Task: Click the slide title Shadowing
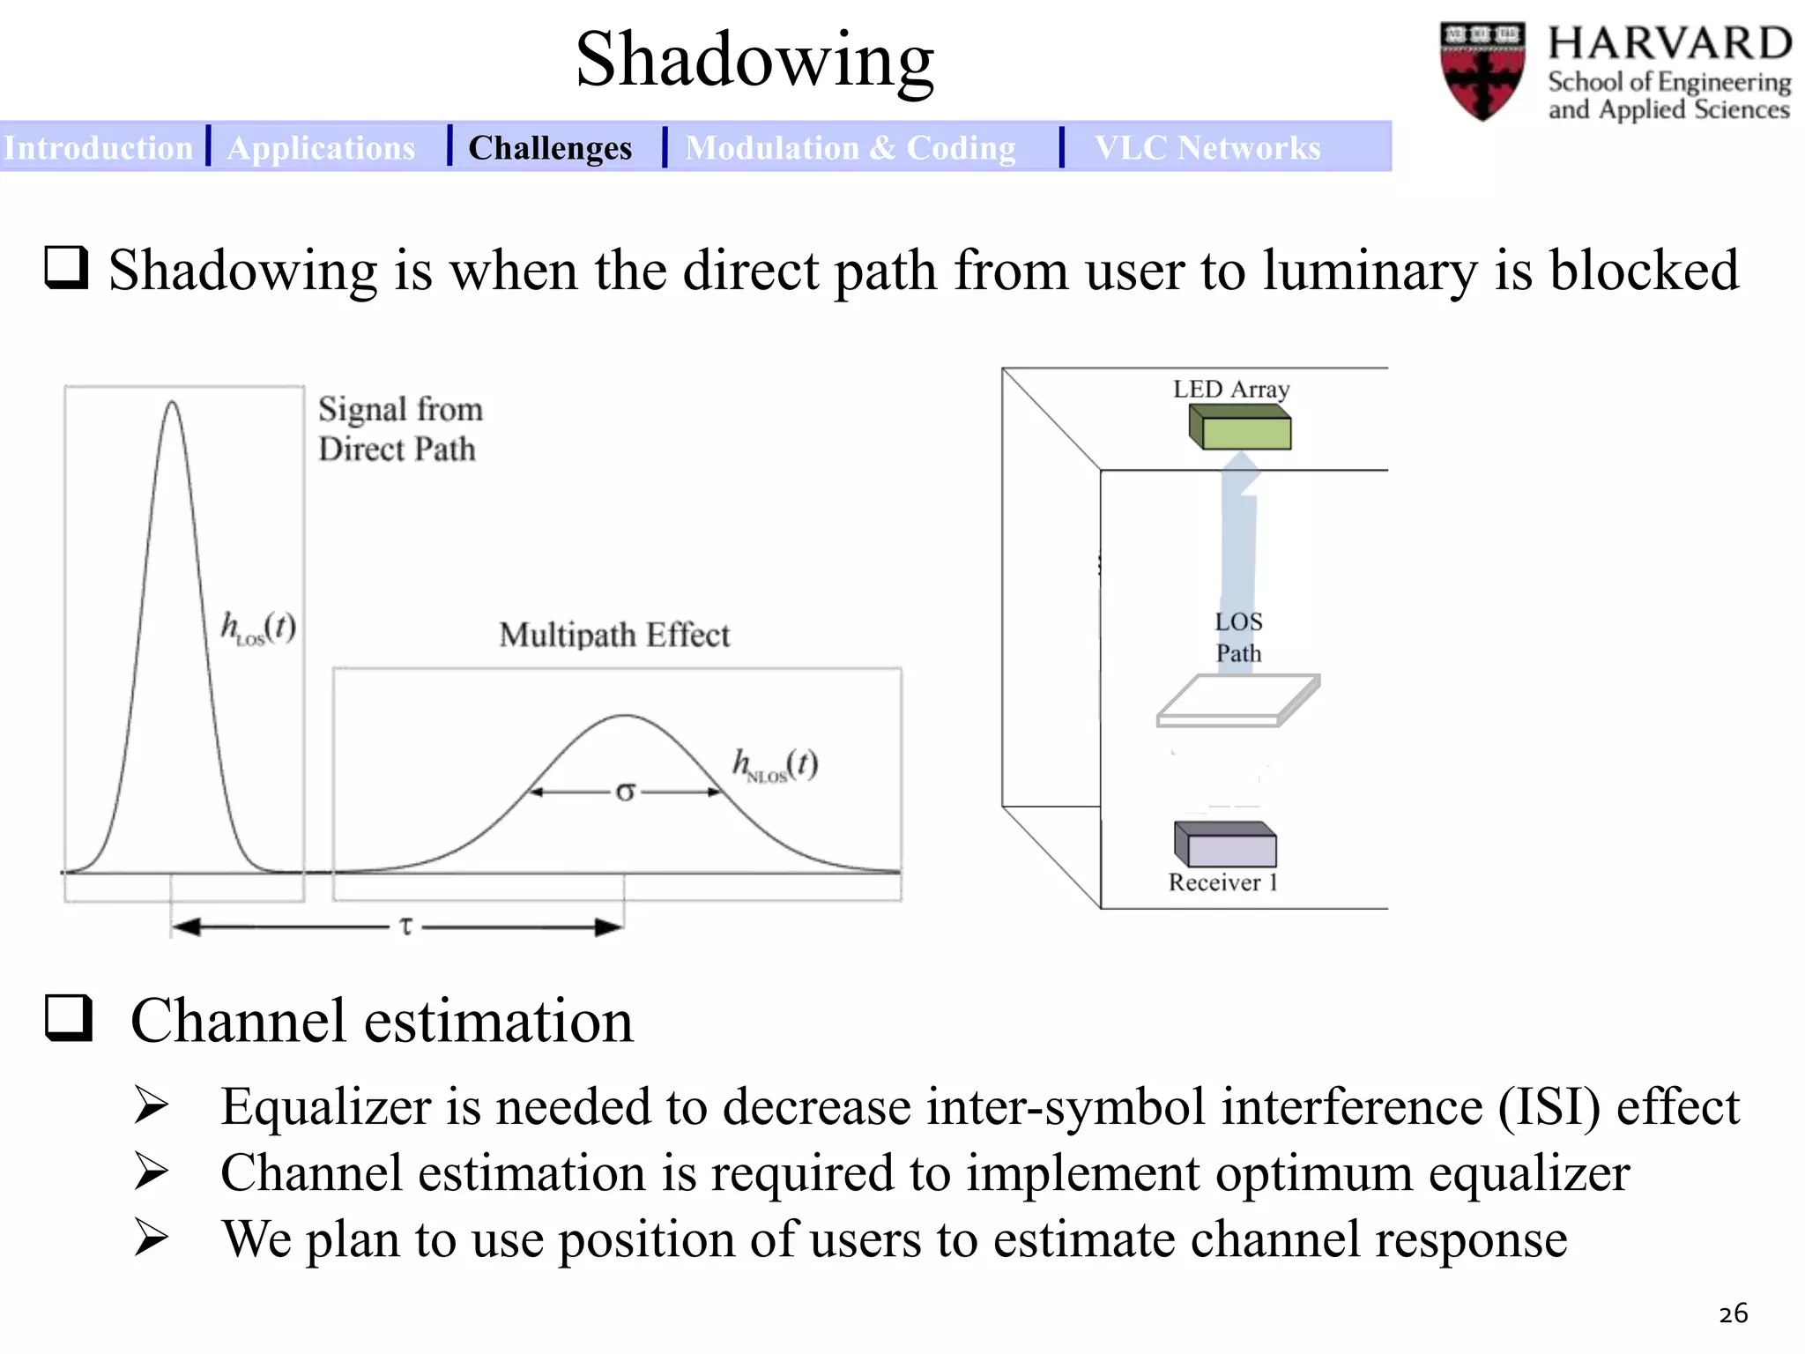[x=754, y=60]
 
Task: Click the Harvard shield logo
[x=1482, y=71]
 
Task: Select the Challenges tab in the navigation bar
[x=550, y=147]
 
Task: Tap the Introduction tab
[x=98, y=147]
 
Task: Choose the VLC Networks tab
[x=1207, y=147]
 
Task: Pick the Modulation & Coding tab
[x=851, y=147]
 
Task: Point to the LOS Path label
[x=1238, y=637]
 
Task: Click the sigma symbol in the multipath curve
[x=625, y=792]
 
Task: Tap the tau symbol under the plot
[x=405, y=926]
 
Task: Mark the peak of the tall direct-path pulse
[x=173, y=404]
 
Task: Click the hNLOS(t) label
[x=775, y=765]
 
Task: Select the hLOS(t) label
[x=257, y=629]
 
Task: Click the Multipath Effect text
[x=614, y=636]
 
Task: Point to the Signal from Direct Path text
[x=400, y=429]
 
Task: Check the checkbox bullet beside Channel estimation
[x=69, y=1019]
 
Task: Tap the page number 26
[x=1733, y=1313]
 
